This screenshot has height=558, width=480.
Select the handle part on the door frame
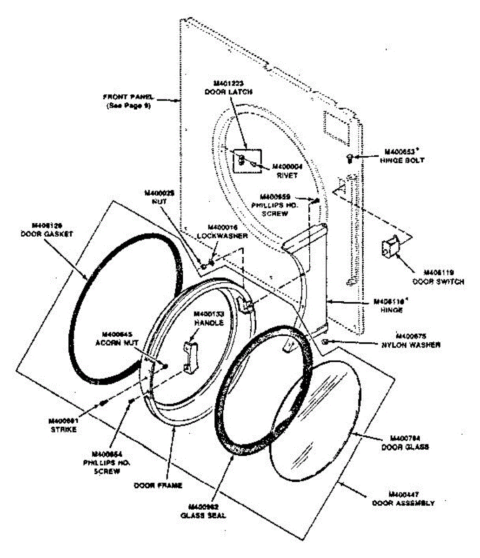click(190, 356)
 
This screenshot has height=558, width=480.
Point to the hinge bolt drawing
click(350, 158)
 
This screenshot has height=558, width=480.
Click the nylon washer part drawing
click(325, 342)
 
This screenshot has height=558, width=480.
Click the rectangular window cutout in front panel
click(337, 126)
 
